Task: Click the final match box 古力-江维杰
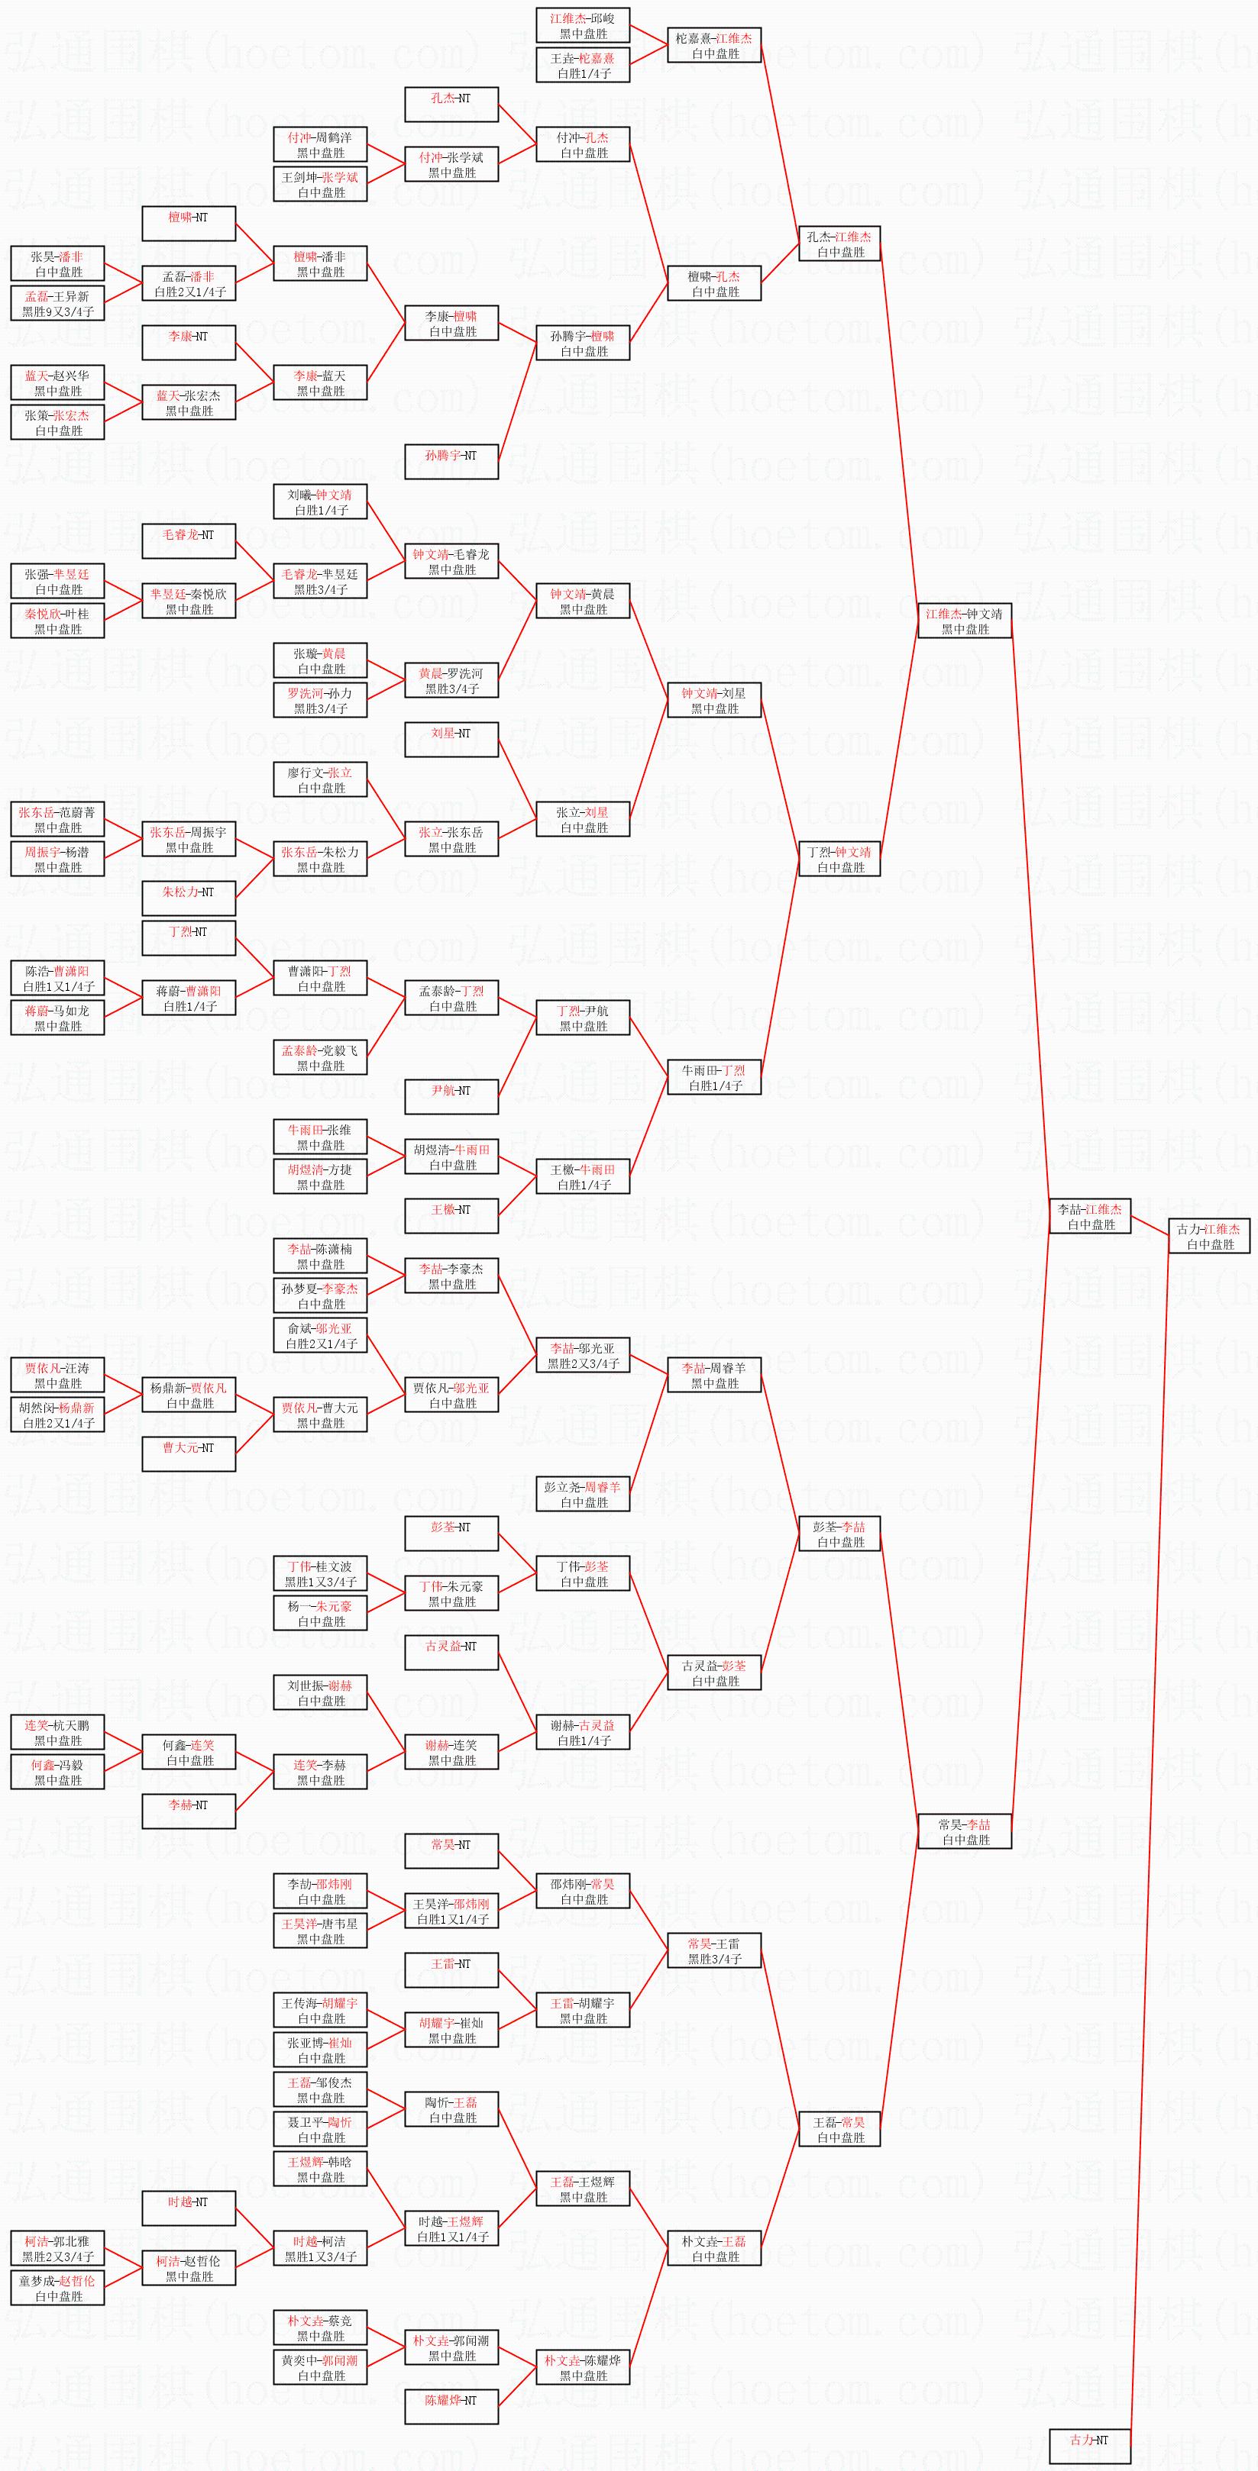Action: tap(1208, 1235)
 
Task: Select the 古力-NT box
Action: tap(1089, 2440)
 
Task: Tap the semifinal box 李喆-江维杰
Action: tap(1090, 1216)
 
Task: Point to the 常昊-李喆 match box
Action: tap(965, 1832)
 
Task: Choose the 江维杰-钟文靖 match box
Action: tap(965, 621)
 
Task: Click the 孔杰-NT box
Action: tap(451, 105)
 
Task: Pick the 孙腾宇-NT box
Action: tap(451, 461)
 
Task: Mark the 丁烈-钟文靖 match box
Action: tap(839, 860)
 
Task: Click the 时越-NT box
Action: tap(189, 2209)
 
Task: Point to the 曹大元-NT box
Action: tap(189, 1454)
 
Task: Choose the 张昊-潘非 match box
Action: tap(57, 264)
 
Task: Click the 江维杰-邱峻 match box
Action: tap(583, 26)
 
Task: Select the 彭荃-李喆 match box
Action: tap(839, 1534)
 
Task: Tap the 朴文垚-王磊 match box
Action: tap(714, 2248)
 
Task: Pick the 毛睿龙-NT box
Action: tap(189, 541)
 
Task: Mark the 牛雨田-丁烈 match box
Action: tap(714, 1077)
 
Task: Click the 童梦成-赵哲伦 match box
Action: tap(57, 2288)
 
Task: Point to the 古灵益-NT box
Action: tap(451, 1653)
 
